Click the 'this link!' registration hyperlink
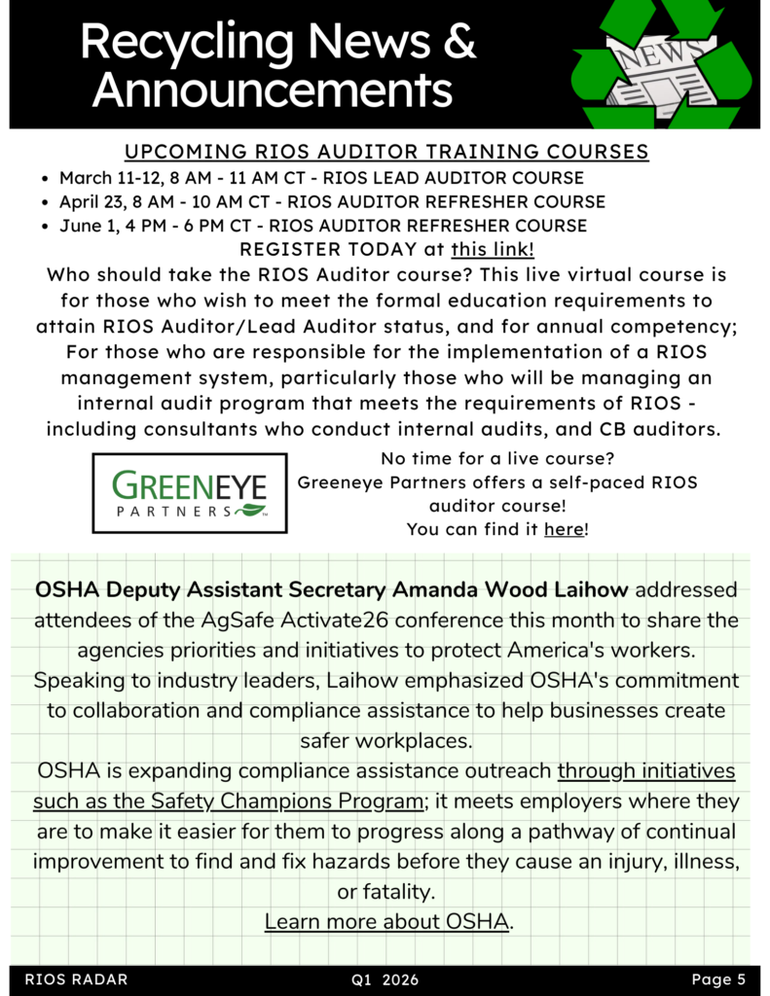point(493,250)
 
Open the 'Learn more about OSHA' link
point(386,921)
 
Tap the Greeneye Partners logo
point(190,492)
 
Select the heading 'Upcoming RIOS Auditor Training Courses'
point(386,153)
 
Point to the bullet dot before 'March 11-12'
point(46,179)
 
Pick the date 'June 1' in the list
point(87,226)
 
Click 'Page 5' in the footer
point(718,979)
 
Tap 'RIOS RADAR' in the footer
point(76,979)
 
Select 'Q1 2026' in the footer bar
point(385,979)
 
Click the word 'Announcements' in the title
point(273,89)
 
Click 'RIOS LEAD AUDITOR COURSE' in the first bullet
point(453,178)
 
